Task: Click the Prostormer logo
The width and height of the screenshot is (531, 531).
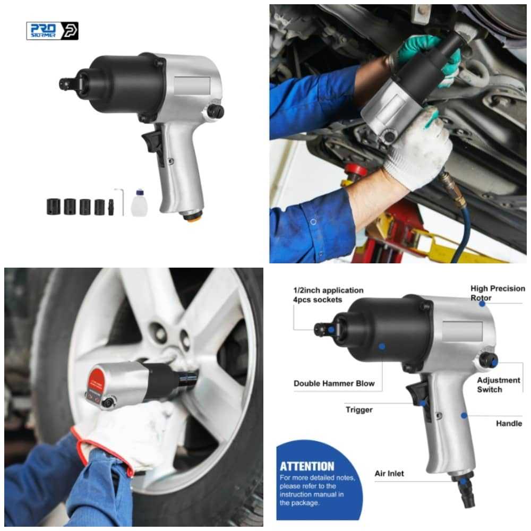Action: click(52, 31)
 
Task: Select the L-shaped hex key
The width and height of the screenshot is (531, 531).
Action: click(119, 201)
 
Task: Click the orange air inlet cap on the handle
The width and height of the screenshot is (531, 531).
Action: click(192, 216)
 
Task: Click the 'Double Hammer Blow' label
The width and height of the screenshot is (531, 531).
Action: click(334, 383)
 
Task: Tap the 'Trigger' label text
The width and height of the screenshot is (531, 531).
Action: click(359, 410)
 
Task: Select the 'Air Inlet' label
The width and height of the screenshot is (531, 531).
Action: click(389, 474)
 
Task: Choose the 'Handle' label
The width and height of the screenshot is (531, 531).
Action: click(509, 423)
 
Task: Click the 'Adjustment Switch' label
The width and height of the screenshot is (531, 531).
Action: click(499, 384)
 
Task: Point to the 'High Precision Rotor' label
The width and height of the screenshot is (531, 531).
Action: click(498, 293)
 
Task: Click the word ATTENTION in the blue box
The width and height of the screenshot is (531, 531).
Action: click(307, 466)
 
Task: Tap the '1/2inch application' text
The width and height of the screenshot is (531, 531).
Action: click(328, 290)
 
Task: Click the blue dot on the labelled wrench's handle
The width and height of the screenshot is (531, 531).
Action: click(464, 415)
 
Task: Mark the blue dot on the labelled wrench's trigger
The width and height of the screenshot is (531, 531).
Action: click(423, 403)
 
